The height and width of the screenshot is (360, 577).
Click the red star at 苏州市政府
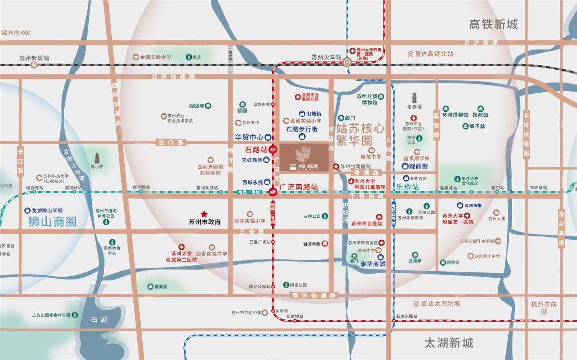[x=204, y=214]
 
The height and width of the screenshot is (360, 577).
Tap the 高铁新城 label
[x=493, y=24]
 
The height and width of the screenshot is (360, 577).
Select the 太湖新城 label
[x=449, y=343]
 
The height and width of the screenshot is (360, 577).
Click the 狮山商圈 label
[x=52, y=222]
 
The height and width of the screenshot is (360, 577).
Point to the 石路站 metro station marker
[x=273, y=149]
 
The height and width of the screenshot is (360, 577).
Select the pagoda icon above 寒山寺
[x=97, y=158]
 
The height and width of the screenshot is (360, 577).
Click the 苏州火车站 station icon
[x=347, y=61]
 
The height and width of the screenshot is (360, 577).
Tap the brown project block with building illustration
[x=304, y=157]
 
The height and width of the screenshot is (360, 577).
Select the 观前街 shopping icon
[x=406, y=166]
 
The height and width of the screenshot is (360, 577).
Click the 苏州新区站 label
[x=35, y=58]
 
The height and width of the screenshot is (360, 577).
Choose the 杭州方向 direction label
[x=544, y=304]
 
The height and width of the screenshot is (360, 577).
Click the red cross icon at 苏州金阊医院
[x=336, y=167]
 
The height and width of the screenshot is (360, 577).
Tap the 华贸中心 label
[x=249, y=137]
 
